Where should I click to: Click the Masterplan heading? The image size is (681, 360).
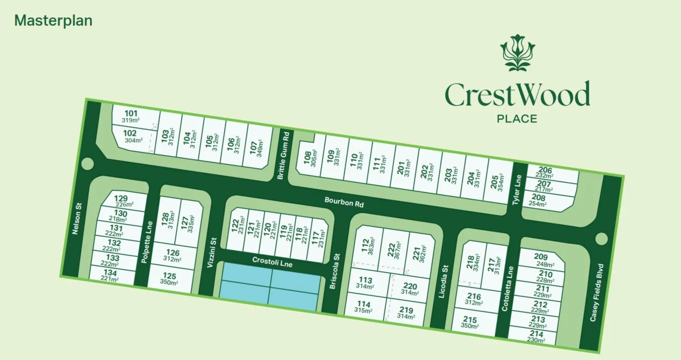tap(53, 20)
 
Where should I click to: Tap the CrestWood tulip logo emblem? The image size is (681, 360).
tap(518, 53)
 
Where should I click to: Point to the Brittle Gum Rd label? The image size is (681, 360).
tap(284, 155)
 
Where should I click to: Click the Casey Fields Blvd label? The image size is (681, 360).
tap(597, 292)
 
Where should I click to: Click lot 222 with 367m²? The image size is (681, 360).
tap(392, 249)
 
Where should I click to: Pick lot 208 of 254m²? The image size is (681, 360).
tap(545, 201)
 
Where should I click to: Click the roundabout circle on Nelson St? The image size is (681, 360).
tap(88, 163)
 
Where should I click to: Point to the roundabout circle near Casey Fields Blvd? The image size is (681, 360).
tap(601, 239)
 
